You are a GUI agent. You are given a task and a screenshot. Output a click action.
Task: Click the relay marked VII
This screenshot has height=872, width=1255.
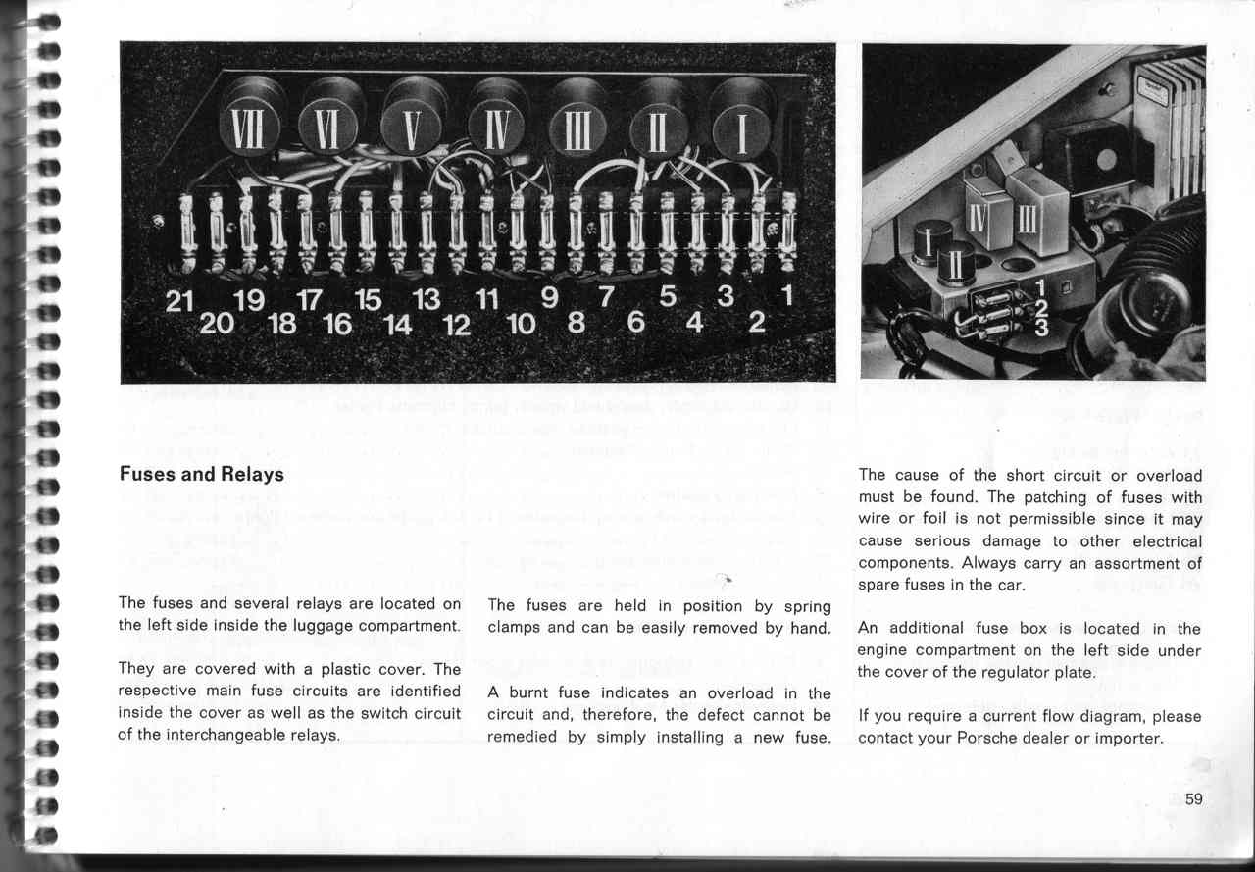point(244,128)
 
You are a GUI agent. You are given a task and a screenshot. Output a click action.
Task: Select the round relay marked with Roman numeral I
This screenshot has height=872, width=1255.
point(741,131)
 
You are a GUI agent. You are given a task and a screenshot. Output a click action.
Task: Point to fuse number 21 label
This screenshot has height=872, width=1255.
point(179,302)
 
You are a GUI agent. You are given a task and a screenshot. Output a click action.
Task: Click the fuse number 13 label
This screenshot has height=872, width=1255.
point(427,301)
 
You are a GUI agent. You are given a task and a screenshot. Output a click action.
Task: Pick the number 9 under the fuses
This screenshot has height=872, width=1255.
point(549,297)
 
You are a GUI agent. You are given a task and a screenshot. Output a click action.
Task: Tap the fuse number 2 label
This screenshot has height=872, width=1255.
point(757,322)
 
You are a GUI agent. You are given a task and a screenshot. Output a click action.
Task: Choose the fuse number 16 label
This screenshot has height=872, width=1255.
point(336,325)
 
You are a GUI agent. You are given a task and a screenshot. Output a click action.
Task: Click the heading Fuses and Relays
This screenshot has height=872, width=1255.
point(201,475)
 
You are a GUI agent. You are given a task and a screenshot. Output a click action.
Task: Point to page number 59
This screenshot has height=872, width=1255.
point(1193,798)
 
